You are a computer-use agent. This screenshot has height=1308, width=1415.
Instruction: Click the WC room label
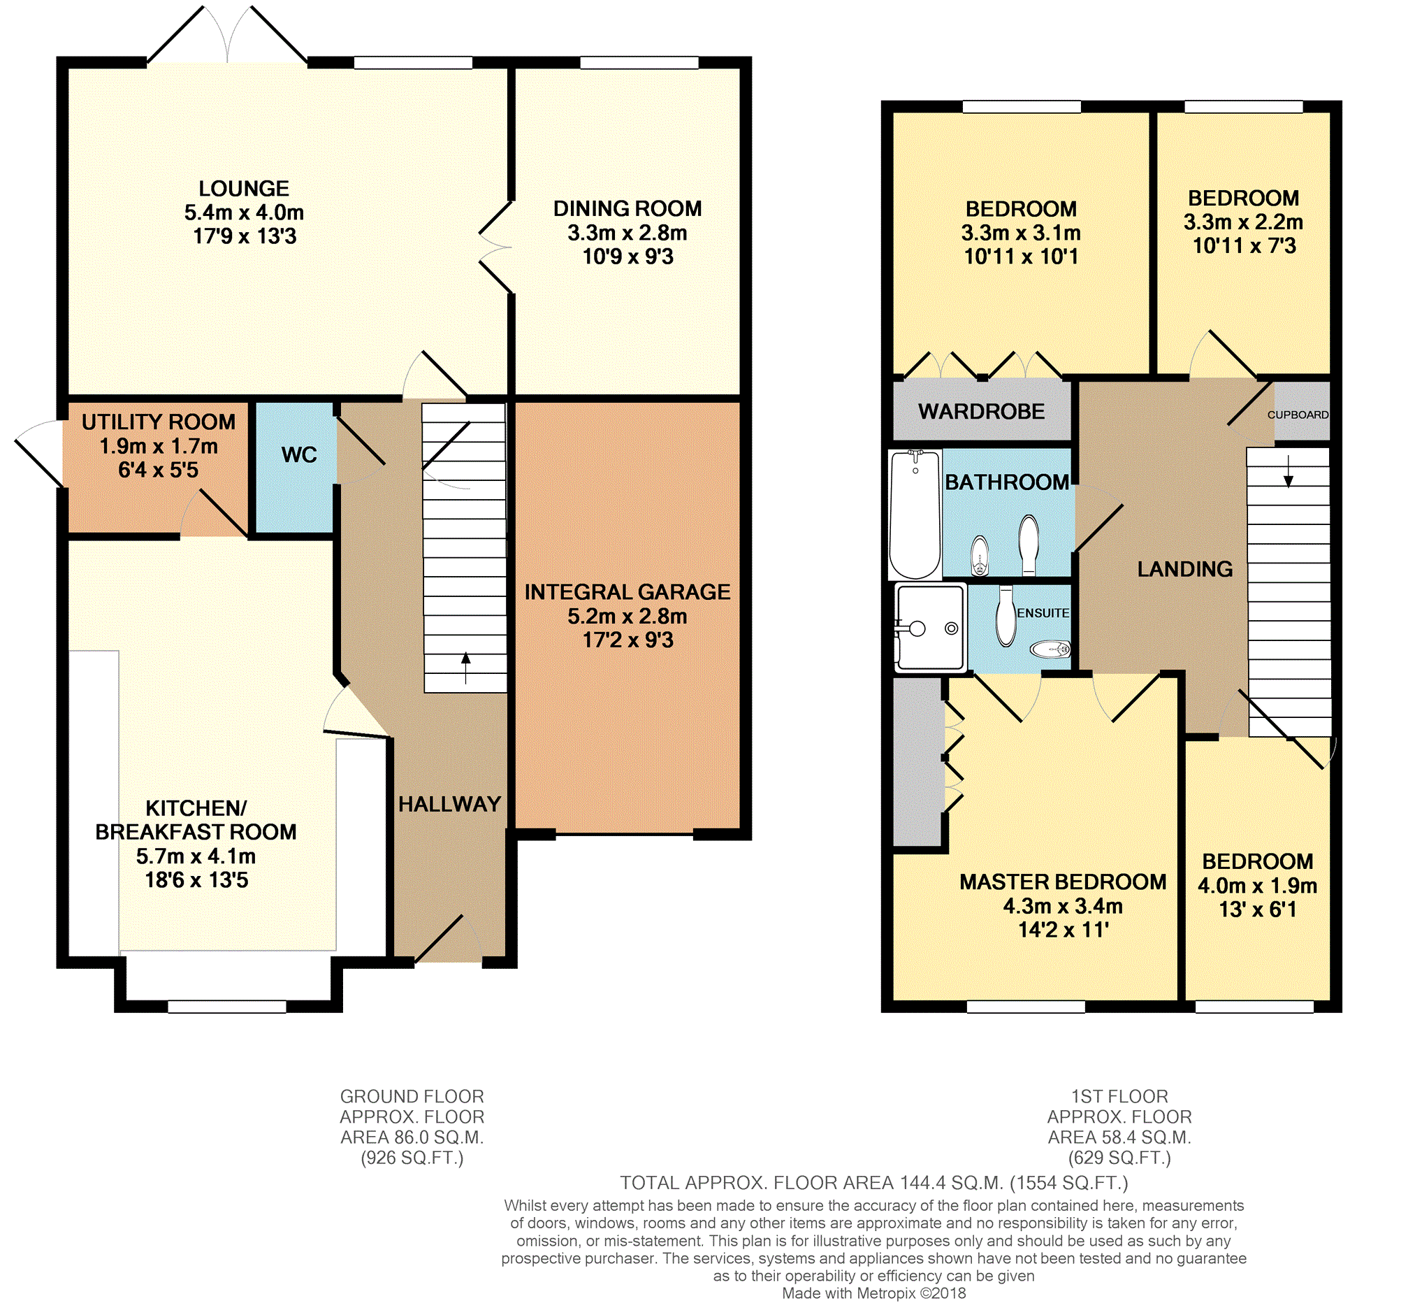(x=298, y=455)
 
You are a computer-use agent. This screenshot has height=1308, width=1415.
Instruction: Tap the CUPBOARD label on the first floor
(x=1298, y=415)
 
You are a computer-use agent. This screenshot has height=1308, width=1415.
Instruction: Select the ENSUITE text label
(x=1043, y=613)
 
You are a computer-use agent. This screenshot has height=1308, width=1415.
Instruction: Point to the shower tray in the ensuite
(x=930, y=628)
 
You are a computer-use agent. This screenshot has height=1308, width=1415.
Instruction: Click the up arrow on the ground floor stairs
(x=465, y=668)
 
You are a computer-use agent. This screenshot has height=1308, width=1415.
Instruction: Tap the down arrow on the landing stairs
(x=1289, y=471)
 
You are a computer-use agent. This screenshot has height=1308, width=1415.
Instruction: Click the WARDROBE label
(x=981, y=411)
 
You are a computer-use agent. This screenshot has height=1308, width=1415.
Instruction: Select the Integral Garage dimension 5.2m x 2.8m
(x=627, y=616)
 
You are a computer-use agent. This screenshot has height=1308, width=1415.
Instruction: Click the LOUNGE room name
(x=244, y=188)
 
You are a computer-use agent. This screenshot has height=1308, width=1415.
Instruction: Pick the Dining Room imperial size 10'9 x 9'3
(x=627, y=257)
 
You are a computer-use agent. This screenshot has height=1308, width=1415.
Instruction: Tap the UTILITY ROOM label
(x=159, y=422)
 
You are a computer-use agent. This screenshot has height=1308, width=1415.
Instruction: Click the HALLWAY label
(x=449, y=804)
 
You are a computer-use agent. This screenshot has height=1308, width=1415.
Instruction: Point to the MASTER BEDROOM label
(x=1063, y=882)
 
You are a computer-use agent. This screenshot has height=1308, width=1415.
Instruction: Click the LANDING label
(x=1185, y=569)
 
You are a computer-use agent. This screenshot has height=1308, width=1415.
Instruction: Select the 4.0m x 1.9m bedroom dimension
(x=1257, y=886)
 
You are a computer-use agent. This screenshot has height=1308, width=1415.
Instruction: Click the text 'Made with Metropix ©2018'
(x=873, y=1293)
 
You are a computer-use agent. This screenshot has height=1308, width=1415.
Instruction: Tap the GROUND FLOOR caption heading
(x=412, y=1096)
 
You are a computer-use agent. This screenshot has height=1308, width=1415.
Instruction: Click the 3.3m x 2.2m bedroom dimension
(x=1243, y=222)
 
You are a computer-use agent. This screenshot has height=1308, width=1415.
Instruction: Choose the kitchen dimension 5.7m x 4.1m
(x=196, y=856)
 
